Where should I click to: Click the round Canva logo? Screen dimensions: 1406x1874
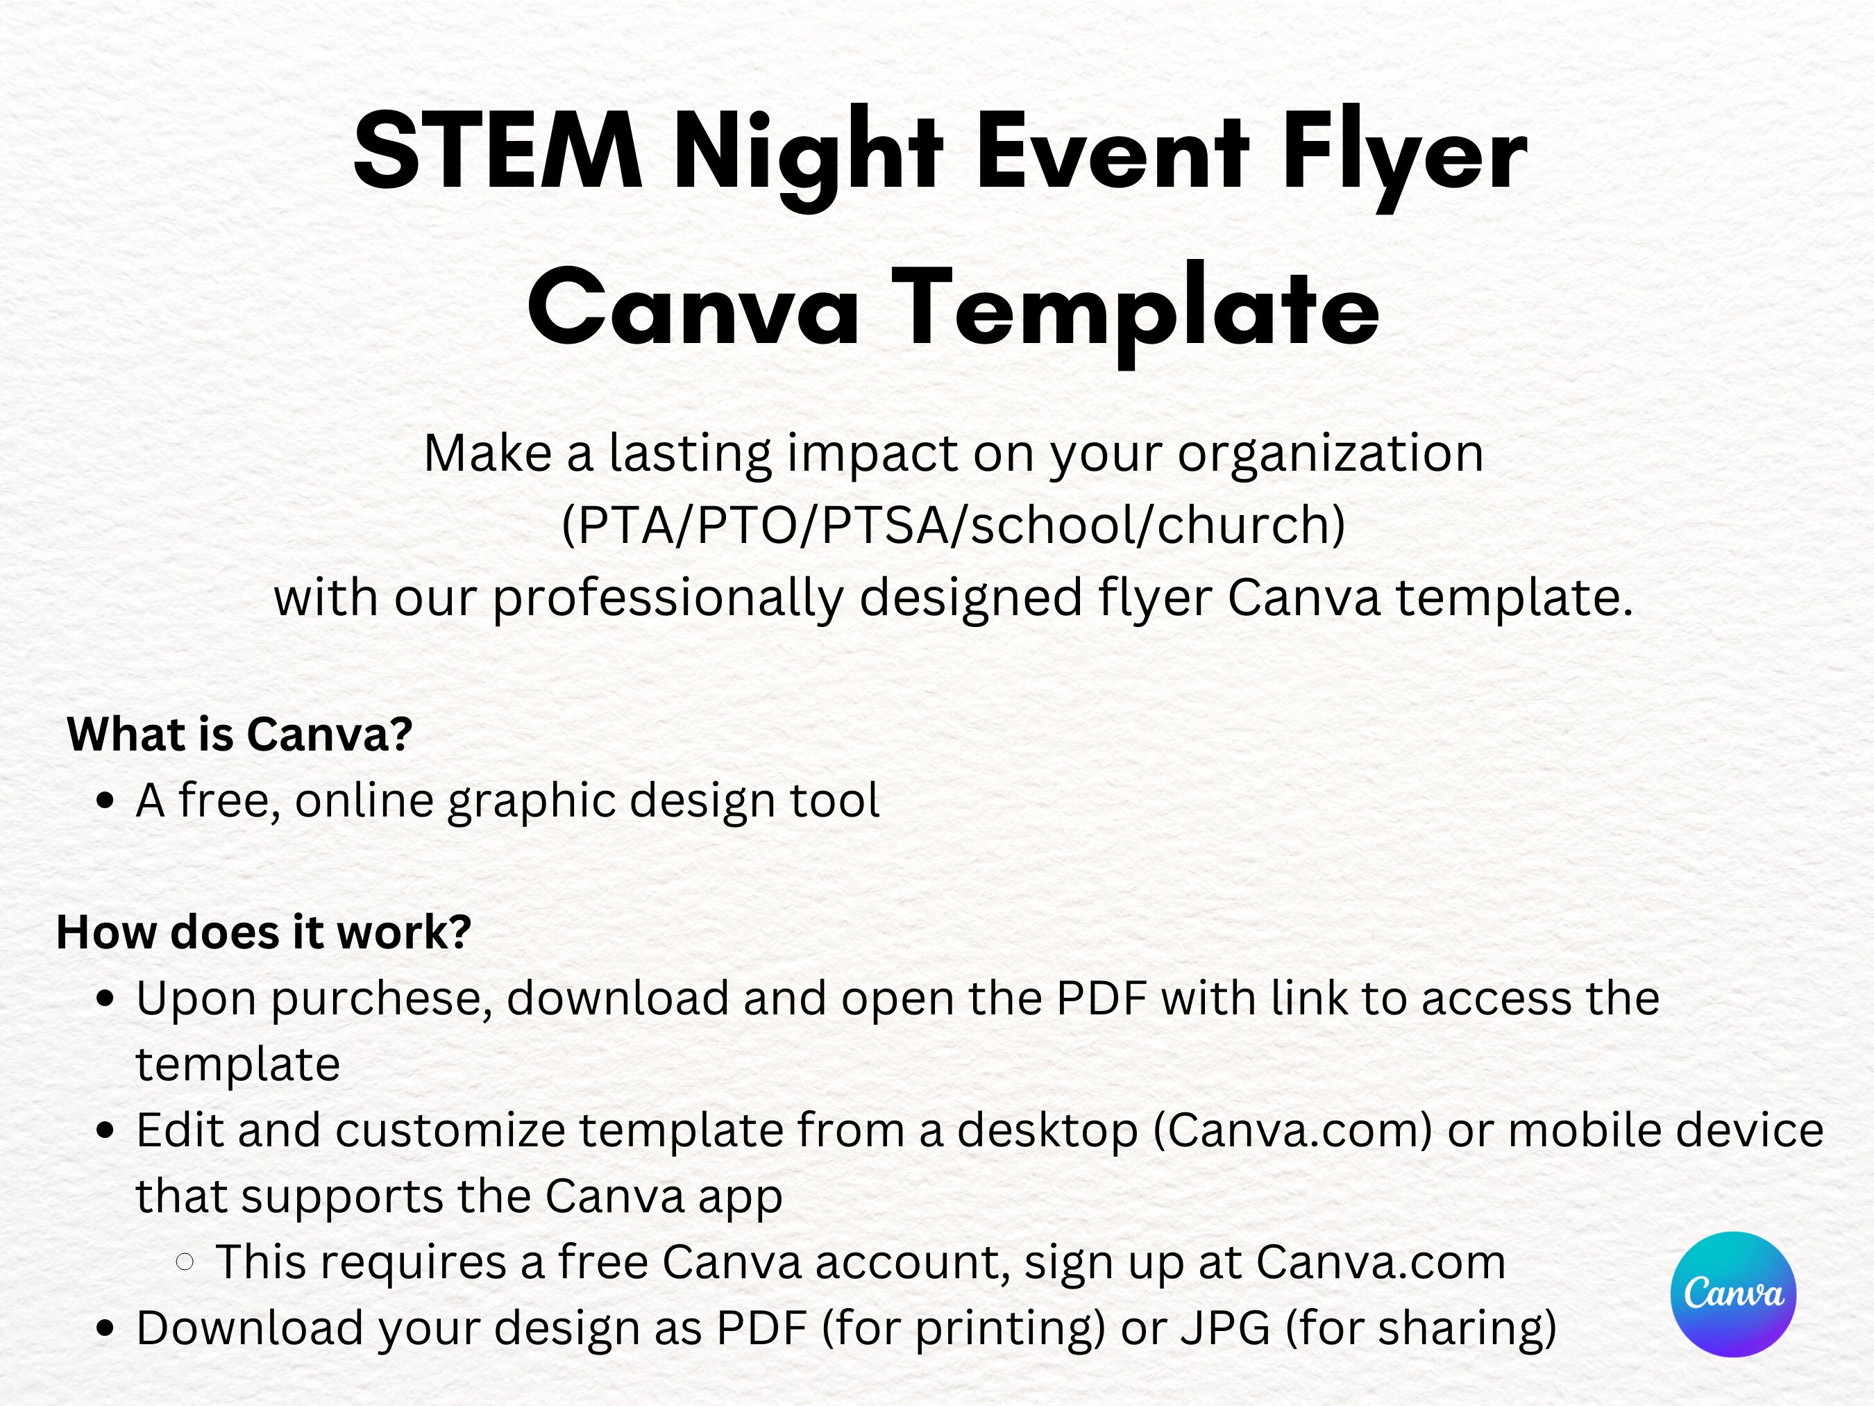1732,1294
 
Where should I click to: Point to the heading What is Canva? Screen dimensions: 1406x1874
239,733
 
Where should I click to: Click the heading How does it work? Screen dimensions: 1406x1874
264,932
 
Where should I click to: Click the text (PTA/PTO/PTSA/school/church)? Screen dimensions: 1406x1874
953,526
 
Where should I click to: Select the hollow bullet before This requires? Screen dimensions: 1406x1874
185,1262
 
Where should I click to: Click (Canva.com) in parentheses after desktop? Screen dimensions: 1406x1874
1292,1130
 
